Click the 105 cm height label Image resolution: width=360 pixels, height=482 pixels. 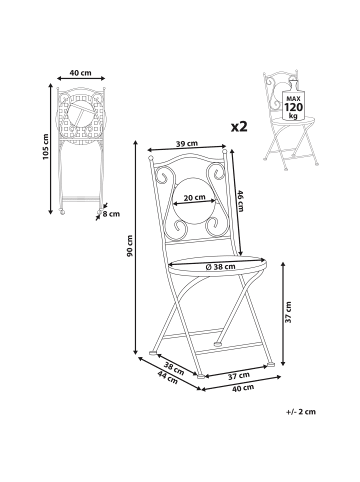(x=46, y=147)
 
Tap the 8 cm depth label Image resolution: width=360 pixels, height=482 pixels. (x=111, y=214)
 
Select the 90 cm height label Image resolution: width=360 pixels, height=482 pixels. (x=130, y=246)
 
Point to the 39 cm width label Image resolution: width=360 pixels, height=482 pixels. (x=187, y=144)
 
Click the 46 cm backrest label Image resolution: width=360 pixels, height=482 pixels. (x=241, y=200)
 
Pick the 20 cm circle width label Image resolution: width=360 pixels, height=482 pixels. (x=195, y=197)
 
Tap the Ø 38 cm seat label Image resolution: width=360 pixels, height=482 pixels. (x=221, y=266)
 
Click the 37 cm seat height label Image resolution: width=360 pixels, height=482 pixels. (x=289, y=312)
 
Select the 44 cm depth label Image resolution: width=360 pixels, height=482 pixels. (x=168, y=377)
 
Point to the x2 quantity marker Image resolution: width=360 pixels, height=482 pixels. (x=239, y=127)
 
